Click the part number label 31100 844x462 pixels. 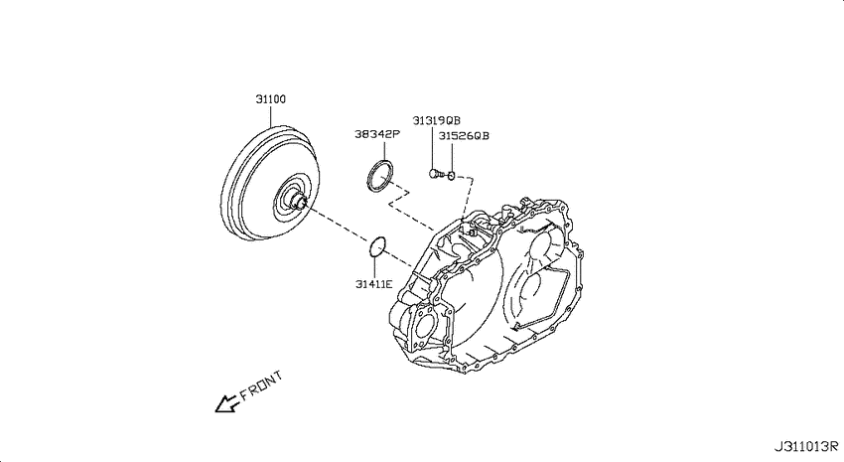coord(271,99)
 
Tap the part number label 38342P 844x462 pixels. coord(376,134)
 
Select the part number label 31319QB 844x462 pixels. coord(437,120)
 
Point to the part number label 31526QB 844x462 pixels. coord(464,136)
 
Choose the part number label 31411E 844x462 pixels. coord(374,284)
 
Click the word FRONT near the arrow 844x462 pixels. coord(261,386)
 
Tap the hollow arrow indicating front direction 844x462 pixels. coord(226,403)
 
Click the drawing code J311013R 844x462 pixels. coord(806,446)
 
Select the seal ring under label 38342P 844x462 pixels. coord(368,176)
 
